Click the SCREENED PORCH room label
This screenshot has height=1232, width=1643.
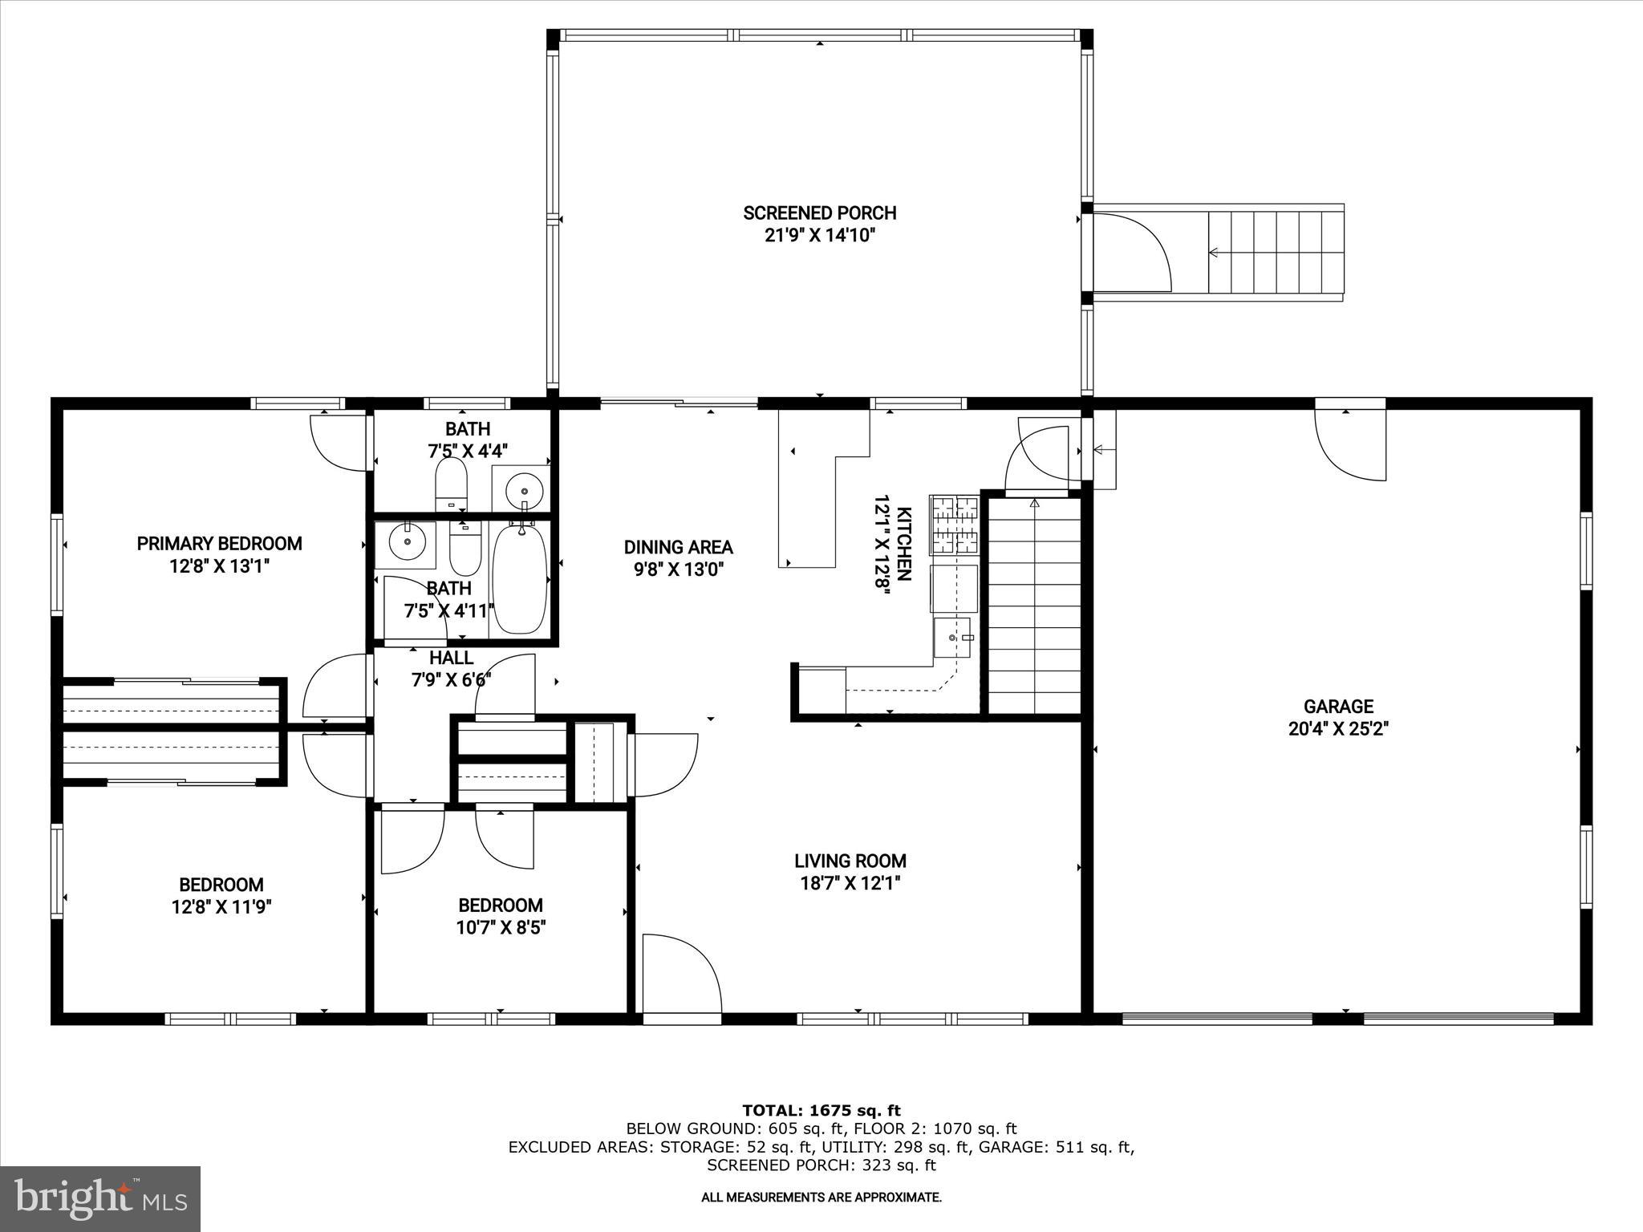(x=819, y=213)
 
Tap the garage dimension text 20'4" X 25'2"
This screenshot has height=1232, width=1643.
(x=1338, y=729)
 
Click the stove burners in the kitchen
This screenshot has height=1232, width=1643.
(x=954, y=525)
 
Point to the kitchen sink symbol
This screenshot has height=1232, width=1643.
(x=952, y=638)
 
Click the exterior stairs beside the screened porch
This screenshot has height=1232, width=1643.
(x=1276, y=252)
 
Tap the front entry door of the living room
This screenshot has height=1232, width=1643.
(x=682, y=977)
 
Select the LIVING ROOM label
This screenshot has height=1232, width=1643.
(x=850, y=861)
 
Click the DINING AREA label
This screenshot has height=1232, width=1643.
(x=678, y=547)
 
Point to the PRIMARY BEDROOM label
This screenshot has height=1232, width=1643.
(x=219, y=544)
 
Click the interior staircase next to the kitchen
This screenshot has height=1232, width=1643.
(x=1034, y=606)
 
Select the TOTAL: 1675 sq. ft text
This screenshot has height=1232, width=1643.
(x=821, y=1111)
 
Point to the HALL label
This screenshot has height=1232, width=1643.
(x=451, y=658)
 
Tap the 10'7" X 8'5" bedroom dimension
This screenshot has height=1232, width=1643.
(x=501, y=928)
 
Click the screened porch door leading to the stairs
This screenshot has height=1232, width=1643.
(x=1131, y=253)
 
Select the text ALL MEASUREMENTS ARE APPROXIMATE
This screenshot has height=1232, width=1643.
(x=821, y=1198)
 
